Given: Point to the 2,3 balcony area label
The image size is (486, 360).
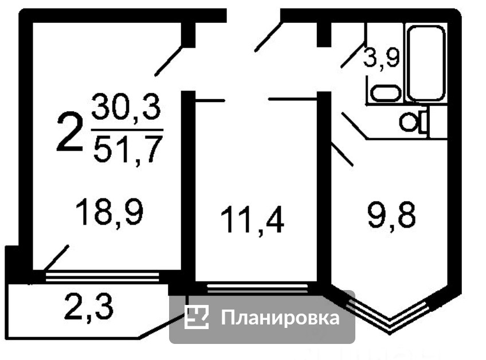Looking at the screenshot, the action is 88,307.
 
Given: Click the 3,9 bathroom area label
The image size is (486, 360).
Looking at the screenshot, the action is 382,58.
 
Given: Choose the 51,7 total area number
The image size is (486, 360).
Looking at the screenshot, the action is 127,150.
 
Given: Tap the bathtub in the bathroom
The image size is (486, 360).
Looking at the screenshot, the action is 426,62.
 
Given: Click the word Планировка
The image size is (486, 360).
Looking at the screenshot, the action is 280,318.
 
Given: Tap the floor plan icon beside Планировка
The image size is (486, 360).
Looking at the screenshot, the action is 196,317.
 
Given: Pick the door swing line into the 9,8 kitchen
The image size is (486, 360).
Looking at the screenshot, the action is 343,154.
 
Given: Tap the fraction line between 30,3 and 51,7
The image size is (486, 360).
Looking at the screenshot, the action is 127,130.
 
